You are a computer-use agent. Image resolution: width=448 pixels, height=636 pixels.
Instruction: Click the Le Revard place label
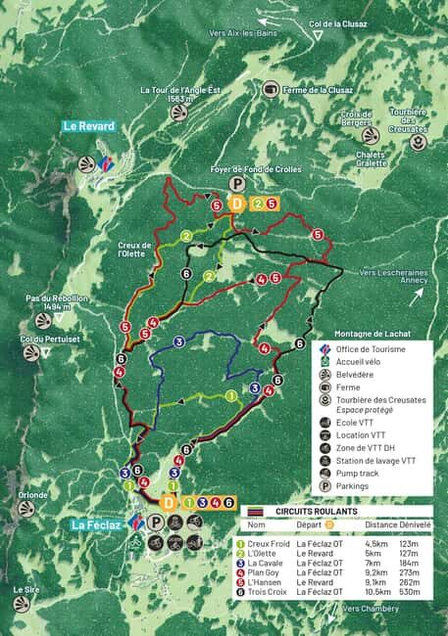coord(88,126)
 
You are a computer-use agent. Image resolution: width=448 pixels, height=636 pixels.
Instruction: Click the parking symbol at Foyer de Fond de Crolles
coord(236,184)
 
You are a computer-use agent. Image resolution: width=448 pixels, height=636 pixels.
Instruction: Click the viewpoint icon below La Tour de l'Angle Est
coord(177,113)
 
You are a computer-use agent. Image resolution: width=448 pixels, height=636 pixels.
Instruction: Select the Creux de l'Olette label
coord(134,249)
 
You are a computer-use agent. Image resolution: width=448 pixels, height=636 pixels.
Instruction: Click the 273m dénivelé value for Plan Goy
coord(409,571)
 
